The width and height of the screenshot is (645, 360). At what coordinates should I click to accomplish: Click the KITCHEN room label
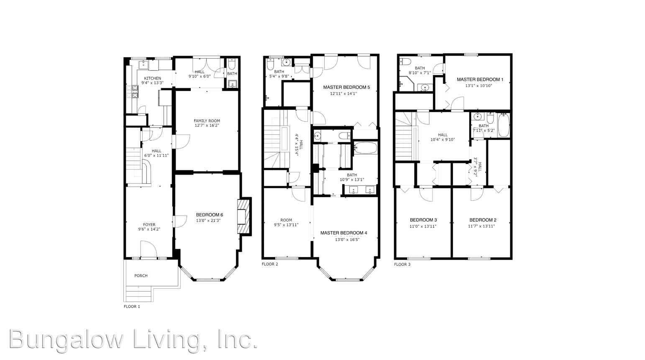point(153,78)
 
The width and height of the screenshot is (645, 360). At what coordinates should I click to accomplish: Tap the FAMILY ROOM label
point(207,121)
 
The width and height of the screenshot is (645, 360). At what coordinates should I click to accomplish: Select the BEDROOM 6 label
point(210,215)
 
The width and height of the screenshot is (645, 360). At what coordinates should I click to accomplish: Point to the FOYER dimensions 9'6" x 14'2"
point(149,229)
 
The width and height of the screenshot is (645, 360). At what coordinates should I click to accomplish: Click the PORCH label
point(141,275)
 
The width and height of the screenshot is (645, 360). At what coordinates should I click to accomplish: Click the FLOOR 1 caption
point(132,306)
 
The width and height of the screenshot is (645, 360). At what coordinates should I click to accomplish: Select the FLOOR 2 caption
point(270,264)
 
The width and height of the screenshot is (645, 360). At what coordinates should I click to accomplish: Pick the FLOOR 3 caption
point(402,264)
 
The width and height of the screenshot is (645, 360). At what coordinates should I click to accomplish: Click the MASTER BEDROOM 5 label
point(346,87)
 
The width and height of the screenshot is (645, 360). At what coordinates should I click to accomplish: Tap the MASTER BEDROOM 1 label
point(480,79)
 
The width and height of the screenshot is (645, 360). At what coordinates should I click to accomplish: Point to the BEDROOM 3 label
point(423,220)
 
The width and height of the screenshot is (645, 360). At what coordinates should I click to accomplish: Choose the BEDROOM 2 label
point(483,220)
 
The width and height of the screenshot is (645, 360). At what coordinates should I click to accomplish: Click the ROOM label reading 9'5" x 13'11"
point(286,220)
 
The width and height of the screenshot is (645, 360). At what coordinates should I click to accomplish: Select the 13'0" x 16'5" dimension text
point(347,239)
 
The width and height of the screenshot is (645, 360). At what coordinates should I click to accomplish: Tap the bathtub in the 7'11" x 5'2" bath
point(504,125)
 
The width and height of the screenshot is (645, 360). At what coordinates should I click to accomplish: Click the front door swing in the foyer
point(149,249)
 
